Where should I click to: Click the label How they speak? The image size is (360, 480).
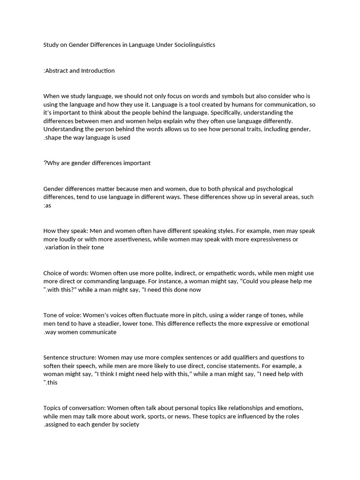[65, 231]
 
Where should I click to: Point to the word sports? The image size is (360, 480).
[167, 416]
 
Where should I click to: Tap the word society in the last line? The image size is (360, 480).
[129, 425]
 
